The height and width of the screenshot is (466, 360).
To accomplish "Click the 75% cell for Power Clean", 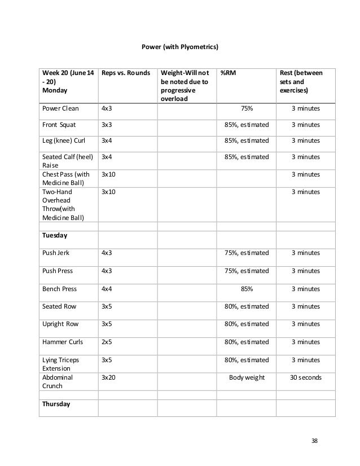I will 247,109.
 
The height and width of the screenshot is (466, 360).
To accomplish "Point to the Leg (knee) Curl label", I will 64,140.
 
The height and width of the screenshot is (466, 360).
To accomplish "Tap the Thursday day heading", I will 56,403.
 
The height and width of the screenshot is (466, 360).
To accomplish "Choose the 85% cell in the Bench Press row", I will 247,289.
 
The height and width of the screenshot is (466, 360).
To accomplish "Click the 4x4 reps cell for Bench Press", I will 106,289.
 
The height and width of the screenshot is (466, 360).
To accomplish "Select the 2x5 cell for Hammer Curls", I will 106,342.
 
